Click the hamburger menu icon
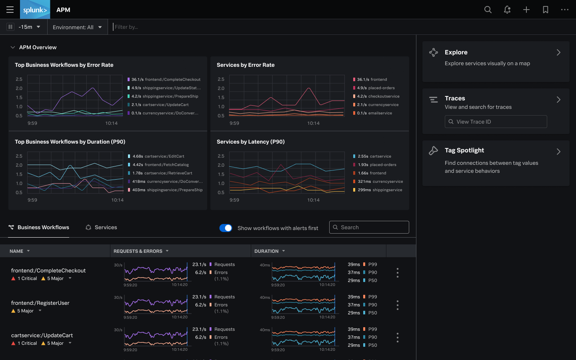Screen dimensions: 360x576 (x=10, y=10)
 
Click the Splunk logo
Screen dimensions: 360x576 (x=35, y=10)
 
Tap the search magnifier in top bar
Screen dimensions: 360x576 (x=488, y=10)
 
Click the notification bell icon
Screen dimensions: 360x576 (x=507, y=10)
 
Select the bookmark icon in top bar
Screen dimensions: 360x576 (x=545, y=10)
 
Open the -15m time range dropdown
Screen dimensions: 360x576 (x=29, y=27)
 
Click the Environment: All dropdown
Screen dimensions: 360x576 (x=77, y=27)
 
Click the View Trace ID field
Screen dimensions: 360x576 (x=496, y=122)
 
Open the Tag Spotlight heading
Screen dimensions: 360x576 (x=464, y=150)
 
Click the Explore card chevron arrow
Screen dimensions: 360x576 (x=558, y=52)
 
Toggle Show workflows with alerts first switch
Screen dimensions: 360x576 (x=226, y=228)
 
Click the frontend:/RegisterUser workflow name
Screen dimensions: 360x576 (x=40, y=303)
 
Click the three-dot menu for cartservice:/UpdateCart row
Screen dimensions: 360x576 (x=397, y=337)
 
